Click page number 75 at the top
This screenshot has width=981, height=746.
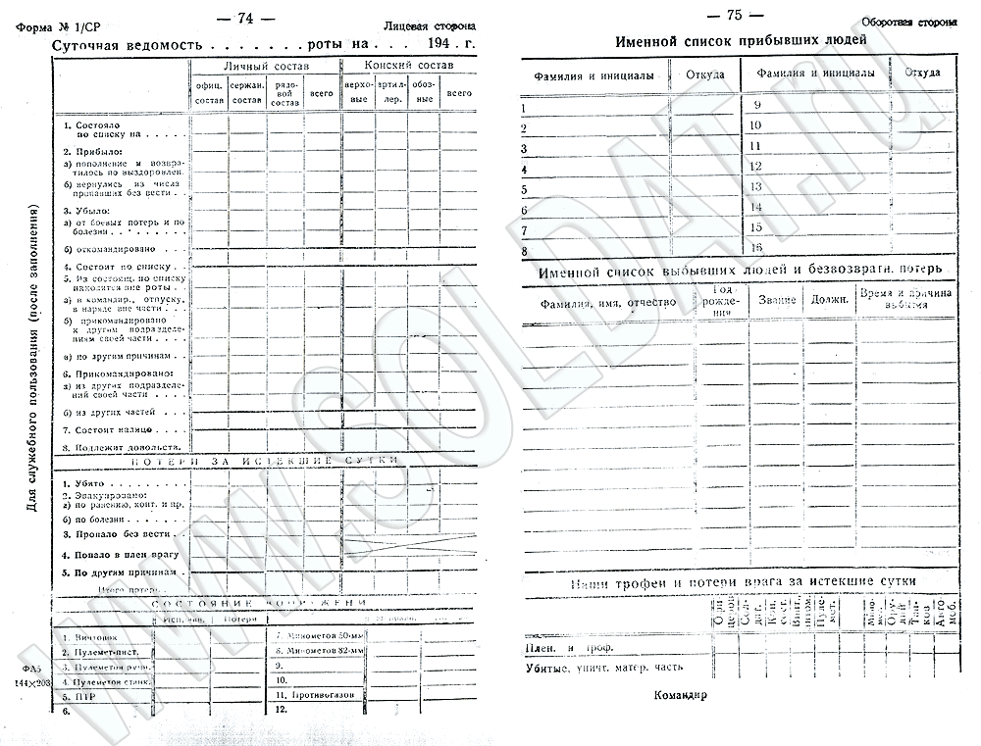tap(733, 15)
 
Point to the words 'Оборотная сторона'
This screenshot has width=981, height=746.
tap(908, 22)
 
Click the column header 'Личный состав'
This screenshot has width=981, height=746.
tap(265, 66)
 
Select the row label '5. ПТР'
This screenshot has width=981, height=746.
tap(79, 697)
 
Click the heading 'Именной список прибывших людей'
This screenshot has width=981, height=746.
tap(740, 41)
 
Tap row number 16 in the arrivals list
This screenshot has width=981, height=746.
tap(756, 247)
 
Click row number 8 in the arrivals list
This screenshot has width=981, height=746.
tap(525, 252)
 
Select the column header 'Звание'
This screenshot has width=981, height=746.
tap(777, 299)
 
